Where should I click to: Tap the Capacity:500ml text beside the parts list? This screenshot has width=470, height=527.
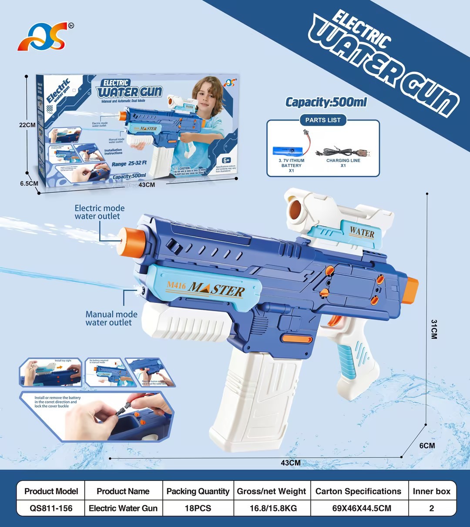pos(326,102)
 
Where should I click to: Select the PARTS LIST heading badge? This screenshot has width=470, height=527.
pos(323,120)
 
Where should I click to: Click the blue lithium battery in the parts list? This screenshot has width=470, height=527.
pos(290,151)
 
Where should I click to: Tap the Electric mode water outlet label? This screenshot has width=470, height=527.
pos(99,212)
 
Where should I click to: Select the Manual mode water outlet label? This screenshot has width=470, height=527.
pos(111,318)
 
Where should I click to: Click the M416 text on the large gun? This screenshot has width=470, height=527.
pos(176,286)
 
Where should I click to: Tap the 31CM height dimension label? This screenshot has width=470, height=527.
pos(434,329)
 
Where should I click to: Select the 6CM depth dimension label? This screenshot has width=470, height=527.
pos(427,446)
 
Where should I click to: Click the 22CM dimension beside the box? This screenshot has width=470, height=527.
pos(27,125)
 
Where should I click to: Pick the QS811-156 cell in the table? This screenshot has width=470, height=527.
pos(51,508)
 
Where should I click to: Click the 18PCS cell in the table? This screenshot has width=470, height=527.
pos(198,508)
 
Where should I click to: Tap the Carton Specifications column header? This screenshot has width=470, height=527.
pos(358,491)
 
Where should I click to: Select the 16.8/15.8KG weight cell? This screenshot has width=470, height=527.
pos(272,508)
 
